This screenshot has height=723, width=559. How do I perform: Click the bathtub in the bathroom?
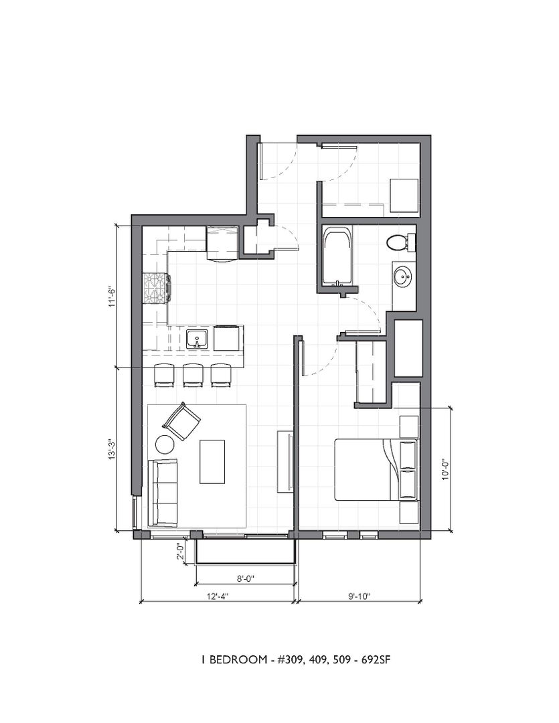337,256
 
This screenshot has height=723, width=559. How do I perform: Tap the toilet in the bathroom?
400,242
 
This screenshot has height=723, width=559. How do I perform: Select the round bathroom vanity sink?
402,278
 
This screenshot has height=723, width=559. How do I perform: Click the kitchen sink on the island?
198,339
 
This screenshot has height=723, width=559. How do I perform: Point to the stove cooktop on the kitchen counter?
157,288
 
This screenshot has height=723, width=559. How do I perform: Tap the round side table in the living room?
165,445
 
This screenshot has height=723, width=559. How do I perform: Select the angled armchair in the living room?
181,421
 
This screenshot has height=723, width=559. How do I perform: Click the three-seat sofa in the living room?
163,493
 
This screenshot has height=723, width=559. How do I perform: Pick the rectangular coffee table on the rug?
212,461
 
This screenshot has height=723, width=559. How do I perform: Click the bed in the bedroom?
376,469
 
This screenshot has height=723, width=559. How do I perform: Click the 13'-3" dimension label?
111,448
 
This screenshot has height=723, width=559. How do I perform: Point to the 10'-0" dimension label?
445,469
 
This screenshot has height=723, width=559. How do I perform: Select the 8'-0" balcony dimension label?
246,578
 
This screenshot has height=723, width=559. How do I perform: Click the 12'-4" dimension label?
217,596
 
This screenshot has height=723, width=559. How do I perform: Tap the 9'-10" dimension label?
360,596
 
